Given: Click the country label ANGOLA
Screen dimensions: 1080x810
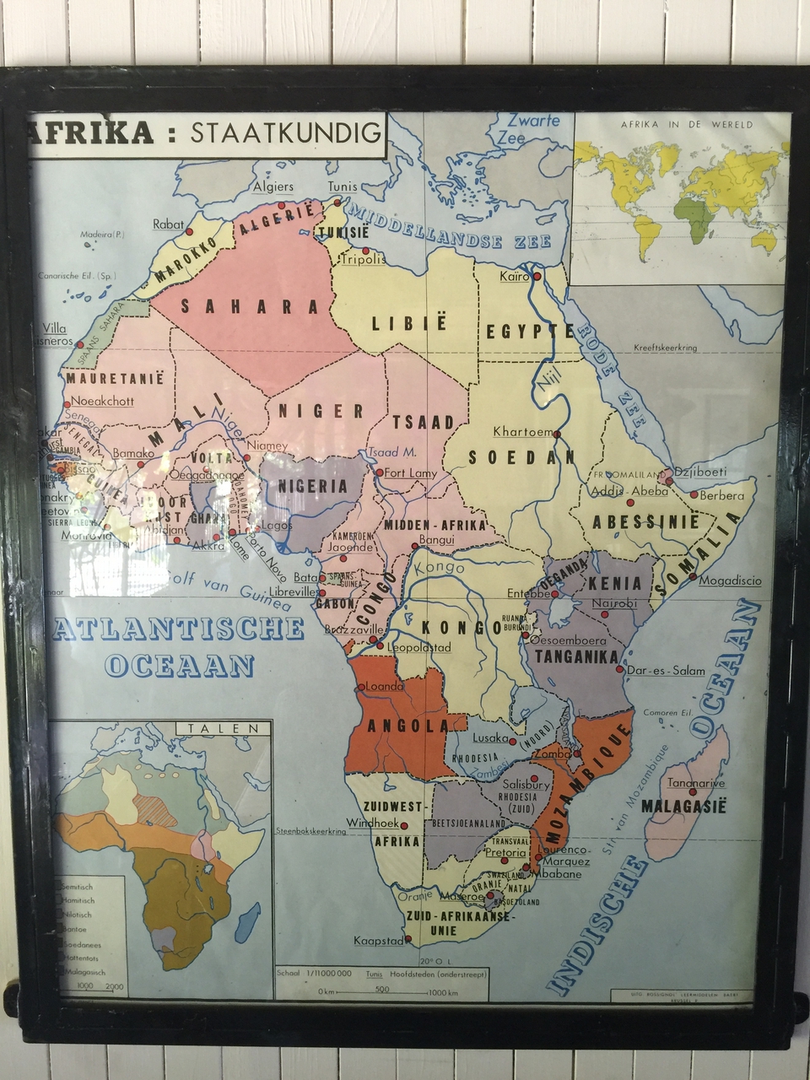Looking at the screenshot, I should click(408, 725).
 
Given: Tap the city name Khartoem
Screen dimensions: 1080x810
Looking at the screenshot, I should click(523, 431).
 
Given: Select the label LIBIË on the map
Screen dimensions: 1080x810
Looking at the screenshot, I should click(409, 322).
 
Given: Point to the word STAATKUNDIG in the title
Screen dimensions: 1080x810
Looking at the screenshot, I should click(285, 132).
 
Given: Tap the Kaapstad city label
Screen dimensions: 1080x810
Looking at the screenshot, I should click(379, 940).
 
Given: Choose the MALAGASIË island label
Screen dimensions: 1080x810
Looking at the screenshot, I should click(683, 806).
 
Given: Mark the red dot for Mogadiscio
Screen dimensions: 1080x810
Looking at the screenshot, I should click(692, 577).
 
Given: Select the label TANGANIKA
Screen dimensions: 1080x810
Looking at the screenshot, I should click(576, 656).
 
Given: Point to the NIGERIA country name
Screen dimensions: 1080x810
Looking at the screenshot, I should click(313, 486).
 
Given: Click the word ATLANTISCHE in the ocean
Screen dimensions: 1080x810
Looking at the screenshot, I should click(178, 629).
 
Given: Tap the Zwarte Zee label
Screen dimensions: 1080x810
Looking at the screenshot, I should click(527, 128).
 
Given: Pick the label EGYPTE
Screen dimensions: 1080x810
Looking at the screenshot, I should click(530, 331).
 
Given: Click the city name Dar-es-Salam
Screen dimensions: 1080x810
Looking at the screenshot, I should click(665, 670).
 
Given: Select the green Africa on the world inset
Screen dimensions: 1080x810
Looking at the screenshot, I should click(697, 215).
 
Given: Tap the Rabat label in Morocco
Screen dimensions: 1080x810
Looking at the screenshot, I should click(168, 224).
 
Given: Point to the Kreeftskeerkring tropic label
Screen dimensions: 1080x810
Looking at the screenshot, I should click(666, 348).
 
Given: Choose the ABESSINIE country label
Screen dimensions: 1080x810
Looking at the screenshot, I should click(645, 522).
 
